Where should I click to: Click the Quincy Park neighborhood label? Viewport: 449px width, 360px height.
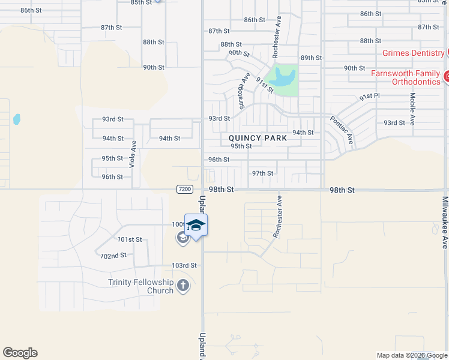(258, 137)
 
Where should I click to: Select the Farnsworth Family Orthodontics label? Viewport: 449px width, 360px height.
(406, 77)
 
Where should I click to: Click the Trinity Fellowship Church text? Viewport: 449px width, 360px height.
(141, 286)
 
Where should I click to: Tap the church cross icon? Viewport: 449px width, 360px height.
(183, 286)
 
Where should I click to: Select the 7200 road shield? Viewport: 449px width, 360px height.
(185, 189)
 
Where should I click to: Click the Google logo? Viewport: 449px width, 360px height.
(20, 353)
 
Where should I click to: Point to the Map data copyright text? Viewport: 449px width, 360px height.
(411, 355)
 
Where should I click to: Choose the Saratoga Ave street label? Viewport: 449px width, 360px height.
(242, 90)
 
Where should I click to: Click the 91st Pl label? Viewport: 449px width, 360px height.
(370, 96)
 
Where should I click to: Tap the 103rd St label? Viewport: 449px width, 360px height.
(184, 265)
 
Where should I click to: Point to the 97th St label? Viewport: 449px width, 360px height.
(262, 173)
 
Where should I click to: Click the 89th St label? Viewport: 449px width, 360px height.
(312, 58)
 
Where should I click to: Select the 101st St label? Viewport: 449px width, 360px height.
(130, 239)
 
